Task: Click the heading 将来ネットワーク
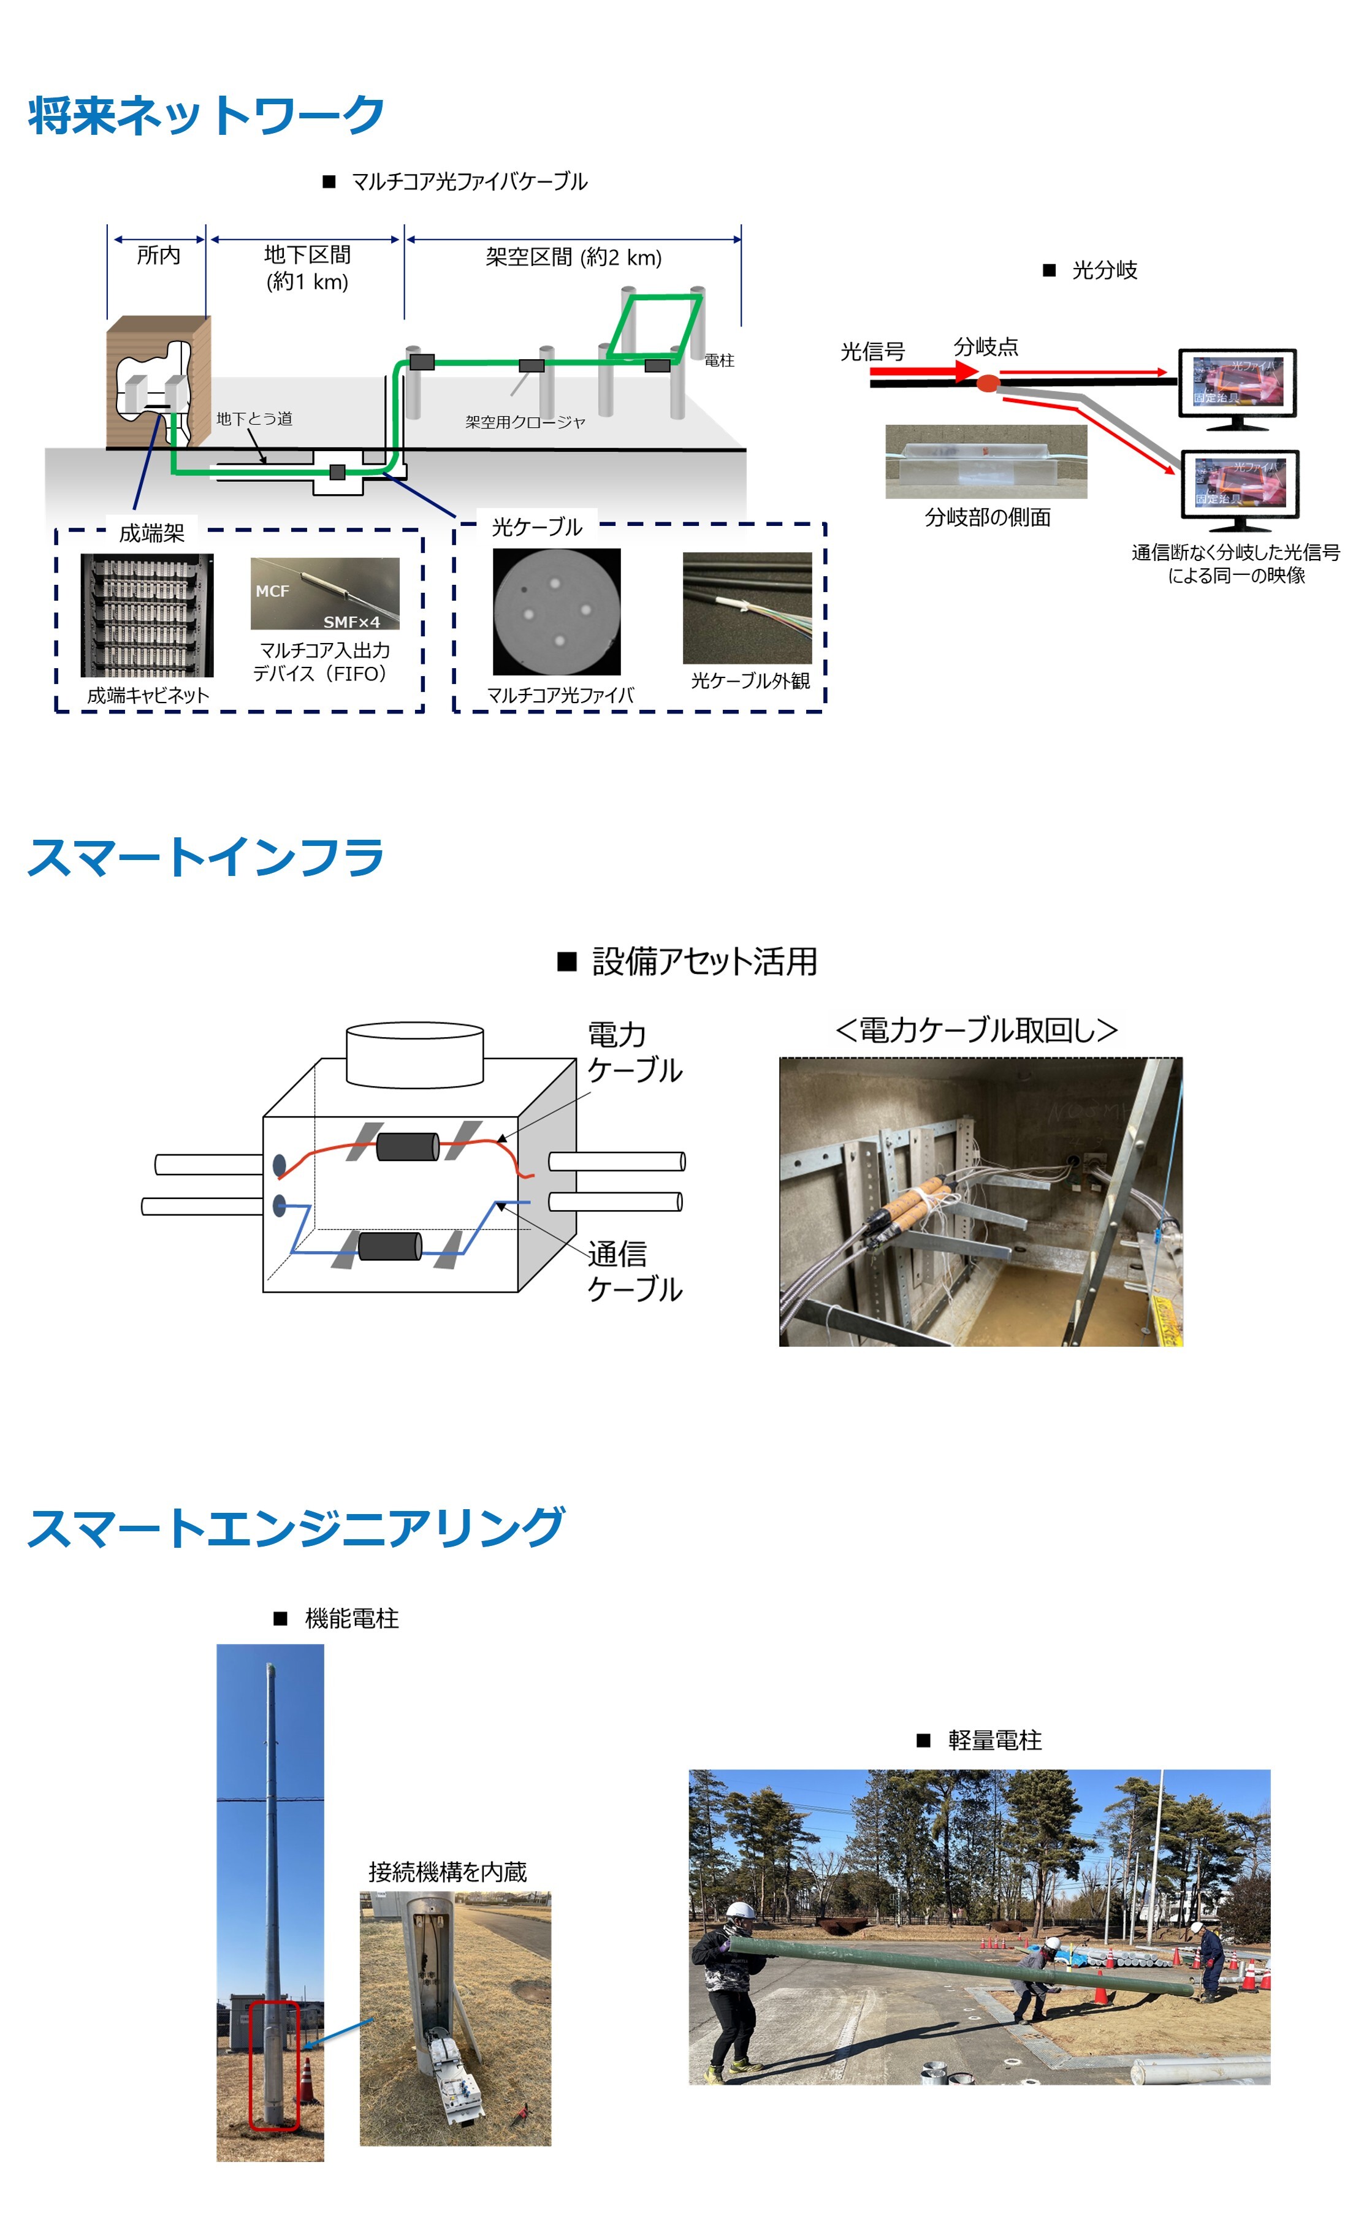(206, 116)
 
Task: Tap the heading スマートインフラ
(206, 858)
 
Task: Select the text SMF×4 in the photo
(351, 622)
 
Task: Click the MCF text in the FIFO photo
(272, 590)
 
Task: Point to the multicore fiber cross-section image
(556, 611)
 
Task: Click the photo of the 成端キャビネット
(147, 615)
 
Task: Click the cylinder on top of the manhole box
(414, 1054)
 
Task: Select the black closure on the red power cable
(408, 1147)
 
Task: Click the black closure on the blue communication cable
(389, 1246)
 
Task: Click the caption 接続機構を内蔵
(448, 1871)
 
